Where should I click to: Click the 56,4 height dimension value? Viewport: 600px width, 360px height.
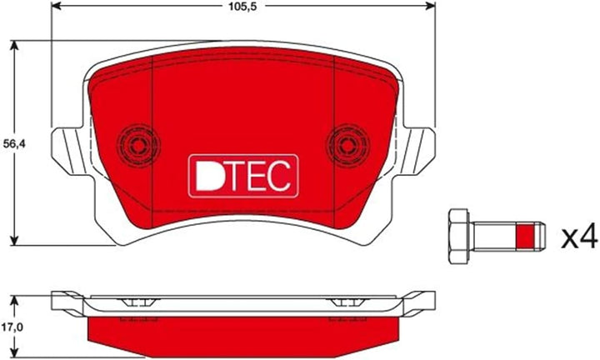click(x=12, y=144)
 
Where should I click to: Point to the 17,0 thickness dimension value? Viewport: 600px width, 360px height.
click(x=12, y=327)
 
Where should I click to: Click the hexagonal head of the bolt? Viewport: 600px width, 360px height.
click(x=458, y=236)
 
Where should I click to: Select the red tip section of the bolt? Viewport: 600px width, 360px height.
click(x=525, y=236)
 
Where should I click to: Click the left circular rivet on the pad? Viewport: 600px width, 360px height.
click(x=137, y=145)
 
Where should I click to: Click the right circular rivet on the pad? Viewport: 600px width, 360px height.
click(x=347, y=145)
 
